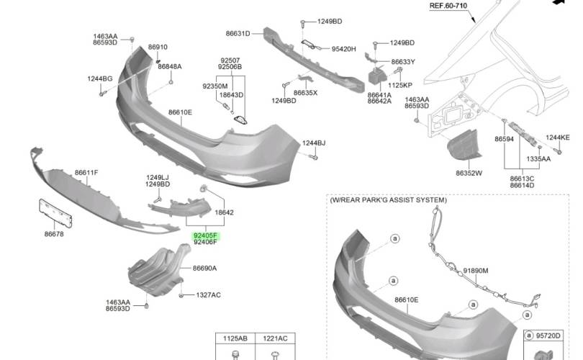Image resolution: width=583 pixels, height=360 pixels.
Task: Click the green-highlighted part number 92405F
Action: tap(205, 235)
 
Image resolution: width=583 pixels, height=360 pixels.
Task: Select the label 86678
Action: tap(54, 234)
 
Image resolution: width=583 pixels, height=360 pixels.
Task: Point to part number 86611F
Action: tap(86, 173)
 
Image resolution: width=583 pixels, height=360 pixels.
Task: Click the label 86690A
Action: tap(204, 269)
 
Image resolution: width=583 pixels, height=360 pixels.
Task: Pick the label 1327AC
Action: tap(209, 295)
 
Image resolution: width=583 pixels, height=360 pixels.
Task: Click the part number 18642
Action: tap(225, 212)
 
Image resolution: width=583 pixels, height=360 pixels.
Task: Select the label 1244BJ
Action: tap(314, 143)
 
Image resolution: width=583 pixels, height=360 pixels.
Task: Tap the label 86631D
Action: tap(238, 34)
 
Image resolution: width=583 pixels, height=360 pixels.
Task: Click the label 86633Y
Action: tap(403, 62)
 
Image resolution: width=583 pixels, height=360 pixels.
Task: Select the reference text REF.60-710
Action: tap(448, 6)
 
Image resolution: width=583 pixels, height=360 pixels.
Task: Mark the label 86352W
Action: tap(469, 174)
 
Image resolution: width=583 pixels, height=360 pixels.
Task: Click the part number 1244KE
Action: tap(557, 138)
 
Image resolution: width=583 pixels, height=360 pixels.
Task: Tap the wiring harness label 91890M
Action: tap(475, 271)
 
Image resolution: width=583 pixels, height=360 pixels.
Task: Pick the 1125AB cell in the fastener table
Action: tap(235, 338)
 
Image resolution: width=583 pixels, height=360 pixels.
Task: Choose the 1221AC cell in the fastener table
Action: tap(275, 338)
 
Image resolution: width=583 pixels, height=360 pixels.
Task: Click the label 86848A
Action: tap(170, 66)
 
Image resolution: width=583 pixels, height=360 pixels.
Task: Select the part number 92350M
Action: tap(214, 86)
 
